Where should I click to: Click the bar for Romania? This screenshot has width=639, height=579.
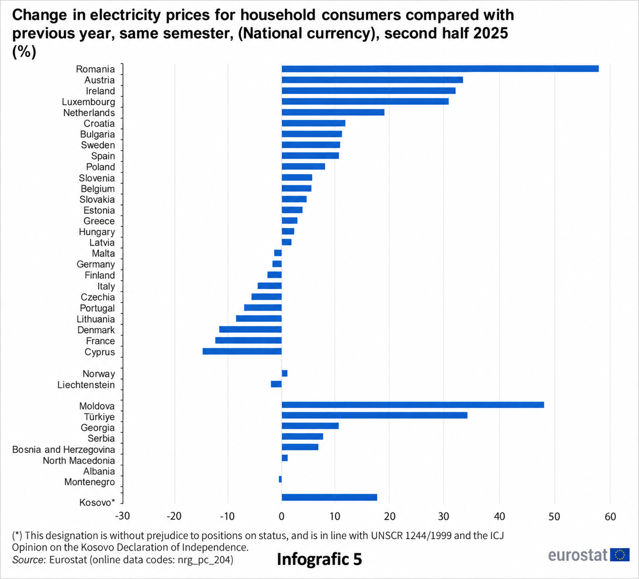(x=440, y=69)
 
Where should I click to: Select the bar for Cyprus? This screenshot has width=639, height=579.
(x=242, y=351)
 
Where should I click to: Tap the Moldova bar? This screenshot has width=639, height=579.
(x=413, y=405)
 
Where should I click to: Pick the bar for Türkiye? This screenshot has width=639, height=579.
(x=374, y=415)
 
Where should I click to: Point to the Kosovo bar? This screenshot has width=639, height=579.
(x=329, y=498)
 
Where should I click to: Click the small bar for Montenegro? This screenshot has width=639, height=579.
(x=280, y=479)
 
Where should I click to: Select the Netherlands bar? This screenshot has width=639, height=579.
(x=333, y=113)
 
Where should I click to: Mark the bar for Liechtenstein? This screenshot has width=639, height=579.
(x=276, y=384)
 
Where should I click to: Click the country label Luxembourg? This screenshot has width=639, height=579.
(x=88, y=102)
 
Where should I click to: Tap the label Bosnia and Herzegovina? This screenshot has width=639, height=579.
(x=64, y=450)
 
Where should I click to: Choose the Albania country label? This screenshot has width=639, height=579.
(x=99, y=471)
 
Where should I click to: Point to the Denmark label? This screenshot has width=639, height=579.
(x=96, y=330)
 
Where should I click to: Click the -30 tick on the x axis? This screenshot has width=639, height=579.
(x=123, y=516)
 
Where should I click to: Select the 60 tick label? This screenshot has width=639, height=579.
(x=610, y=516)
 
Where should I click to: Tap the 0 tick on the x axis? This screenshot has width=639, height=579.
(x=281, y=516)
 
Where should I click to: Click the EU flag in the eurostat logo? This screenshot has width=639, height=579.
(x=620, y=555)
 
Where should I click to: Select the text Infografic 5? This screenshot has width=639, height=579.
(x=319, y=559)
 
